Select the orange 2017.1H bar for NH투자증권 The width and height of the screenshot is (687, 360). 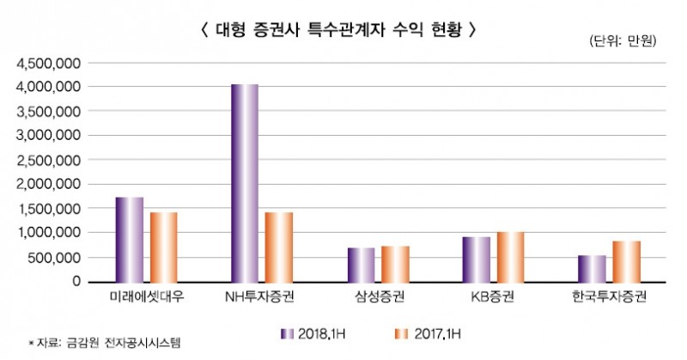coord(279,247)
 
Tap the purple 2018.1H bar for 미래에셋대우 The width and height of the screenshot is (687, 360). coord(130,239)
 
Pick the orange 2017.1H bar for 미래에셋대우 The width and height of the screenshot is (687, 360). coord(163,247)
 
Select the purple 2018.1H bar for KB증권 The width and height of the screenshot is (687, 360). coord(476,259)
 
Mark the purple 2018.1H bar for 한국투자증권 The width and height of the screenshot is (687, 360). coord(592,268)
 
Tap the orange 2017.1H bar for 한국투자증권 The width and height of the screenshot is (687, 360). coord(626,261)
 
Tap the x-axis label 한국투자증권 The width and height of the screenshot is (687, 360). coord(609,297)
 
